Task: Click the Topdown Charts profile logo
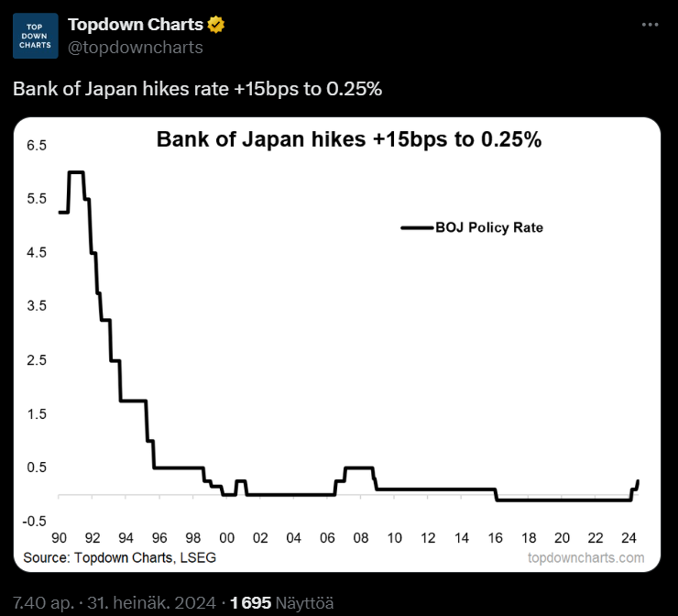[36, 36]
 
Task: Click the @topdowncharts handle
[136, 47]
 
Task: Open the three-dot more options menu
[650, 25]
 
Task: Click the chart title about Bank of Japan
[349, 140]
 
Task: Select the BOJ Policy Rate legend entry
[473, 227]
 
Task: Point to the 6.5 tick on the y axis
[38, 145]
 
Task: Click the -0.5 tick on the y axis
[35, 520]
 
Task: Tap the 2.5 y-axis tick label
[38, 359]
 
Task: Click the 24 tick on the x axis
[629, 536]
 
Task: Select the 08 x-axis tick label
[361, 536]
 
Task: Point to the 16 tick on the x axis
[496, 536]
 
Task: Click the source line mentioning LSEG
[120, 556]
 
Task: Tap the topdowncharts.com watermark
[586, 557]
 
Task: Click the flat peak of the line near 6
[76, 172]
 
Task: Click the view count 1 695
[251, 602]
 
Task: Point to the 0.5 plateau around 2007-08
[359, 468]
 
